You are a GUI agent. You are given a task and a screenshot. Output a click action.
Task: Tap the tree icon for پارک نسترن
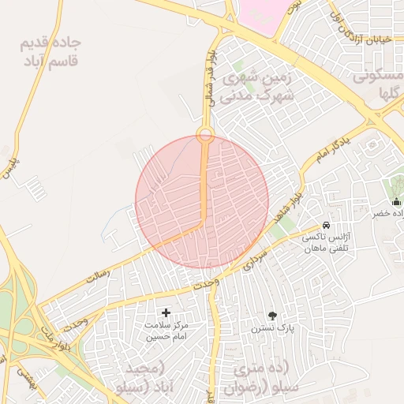pos(272,315)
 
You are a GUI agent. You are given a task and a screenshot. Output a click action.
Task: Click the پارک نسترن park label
pos(272,327)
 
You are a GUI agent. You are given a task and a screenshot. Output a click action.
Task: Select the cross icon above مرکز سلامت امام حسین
pos(166,313)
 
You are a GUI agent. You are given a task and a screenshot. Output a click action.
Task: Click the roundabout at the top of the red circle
pos(205,134)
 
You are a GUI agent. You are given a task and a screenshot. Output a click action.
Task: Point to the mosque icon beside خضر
pos(395,202)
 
